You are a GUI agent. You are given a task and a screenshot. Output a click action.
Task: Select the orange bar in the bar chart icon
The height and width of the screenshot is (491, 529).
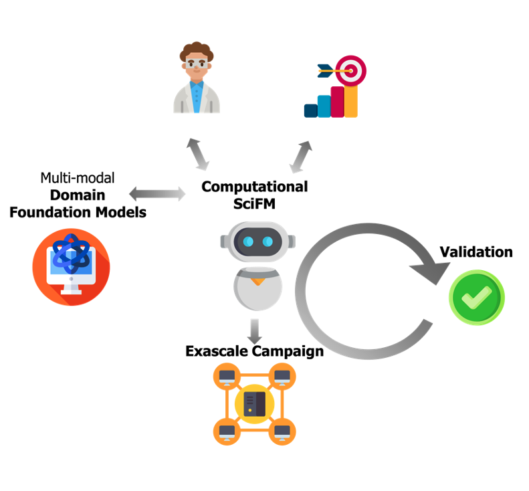tap(351, 101)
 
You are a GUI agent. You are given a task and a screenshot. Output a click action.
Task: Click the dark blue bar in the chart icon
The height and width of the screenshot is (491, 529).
tap(310, 110)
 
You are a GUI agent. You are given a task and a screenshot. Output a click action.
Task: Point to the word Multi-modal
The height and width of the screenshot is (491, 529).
tap(78, 178)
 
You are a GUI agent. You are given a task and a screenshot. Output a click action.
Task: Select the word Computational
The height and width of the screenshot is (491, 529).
tap(255, 187)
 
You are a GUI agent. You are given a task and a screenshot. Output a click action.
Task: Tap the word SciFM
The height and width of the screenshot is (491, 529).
tap(255, 203)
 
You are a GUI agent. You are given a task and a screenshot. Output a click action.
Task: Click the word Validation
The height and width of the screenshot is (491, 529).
tap(475, 252)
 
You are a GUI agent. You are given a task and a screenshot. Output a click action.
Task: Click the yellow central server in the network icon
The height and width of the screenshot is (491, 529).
tap(255, 403)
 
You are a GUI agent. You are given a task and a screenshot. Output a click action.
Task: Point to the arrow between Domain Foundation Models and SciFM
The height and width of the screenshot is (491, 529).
tap(157, 194)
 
